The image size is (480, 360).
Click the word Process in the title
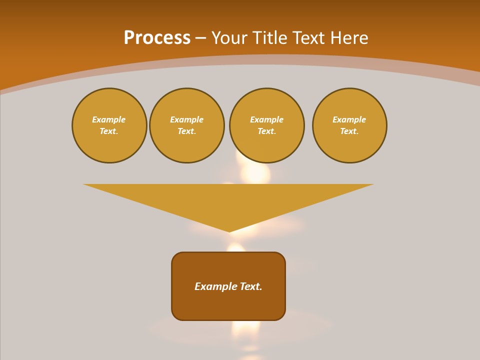157,38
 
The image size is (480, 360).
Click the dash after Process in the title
200,38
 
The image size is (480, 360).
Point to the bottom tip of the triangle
229,230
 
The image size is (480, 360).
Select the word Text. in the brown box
251,286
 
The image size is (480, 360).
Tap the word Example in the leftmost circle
109,119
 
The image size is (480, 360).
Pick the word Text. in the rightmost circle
349,131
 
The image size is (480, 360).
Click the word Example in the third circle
266,119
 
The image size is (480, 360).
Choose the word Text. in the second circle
187,131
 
